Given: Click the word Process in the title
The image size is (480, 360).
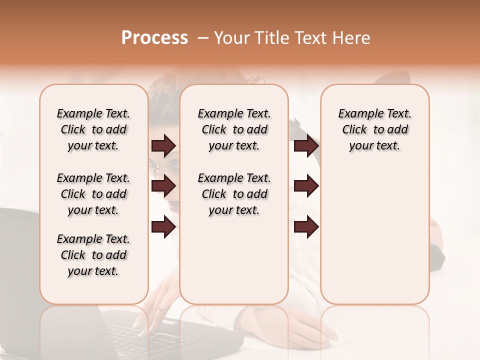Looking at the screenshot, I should click(x=154, y=38).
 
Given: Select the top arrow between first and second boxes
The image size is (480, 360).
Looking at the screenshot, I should click(x=163, y=145).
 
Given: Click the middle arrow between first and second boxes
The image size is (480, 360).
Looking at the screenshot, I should click(x=163, y=186).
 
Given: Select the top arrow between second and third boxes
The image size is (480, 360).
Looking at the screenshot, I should click(x=306, y=145).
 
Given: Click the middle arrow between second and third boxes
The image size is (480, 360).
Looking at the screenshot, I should click(x=306, y=186).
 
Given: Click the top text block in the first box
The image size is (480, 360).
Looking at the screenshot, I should click(x=93, y=129).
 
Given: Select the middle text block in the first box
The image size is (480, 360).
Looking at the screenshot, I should click(x=93, y=194).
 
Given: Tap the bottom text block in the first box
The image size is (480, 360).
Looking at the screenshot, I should click(x=93, y=255).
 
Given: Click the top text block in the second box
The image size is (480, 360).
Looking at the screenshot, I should click(x=234, y=129).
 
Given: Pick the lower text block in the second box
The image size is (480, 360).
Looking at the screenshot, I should click(x=234, y=194).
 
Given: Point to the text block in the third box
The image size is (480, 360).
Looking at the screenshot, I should click(x=374, y=129).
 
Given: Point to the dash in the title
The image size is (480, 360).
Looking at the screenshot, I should click(x=202, y=38).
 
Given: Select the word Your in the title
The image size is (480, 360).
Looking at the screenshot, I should click(x=231, y=38).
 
